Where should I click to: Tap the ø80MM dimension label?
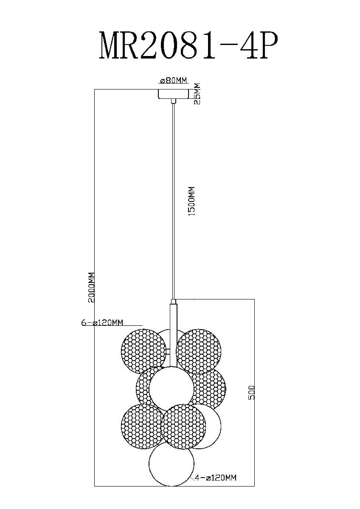[x=173, y=81]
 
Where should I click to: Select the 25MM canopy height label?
[x=196, y=94]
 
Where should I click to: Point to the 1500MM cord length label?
[x=191, y=201]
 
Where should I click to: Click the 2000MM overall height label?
[x=90, y=287]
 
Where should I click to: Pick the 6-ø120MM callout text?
[x=102, y=323]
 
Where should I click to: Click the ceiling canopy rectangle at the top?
[x=173, y=93]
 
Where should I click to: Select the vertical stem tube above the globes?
[x=173, y=331]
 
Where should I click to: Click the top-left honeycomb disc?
[x=143, y=350]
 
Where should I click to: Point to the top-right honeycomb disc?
[x=199, y=350]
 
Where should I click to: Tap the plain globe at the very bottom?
[x=172, y=465]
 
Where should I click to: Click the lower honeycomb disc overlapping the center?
[x=183, y=426]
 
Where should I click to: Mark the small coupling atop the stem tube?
[x=173, y=302]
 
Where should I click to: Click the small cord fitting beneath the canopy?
[x=173, y=101]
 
